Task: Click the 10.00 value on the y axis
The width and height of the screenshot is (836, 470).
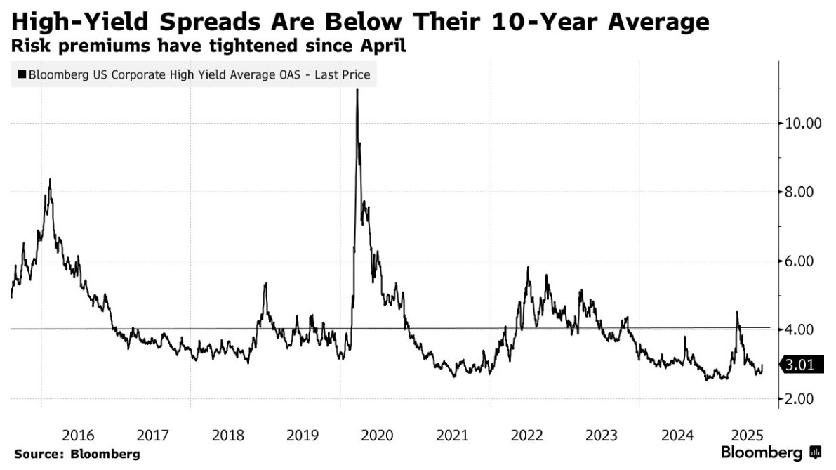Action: [x=802, y=124]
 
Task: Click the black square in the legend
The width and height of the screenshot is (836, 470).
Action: [x=21, y=74]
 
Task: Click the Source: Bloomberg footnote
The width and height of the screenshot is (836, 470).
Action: [x=77, y=454]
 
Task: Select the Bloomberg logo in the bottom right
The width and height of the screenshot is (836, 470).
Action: [x=771, y=452]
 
